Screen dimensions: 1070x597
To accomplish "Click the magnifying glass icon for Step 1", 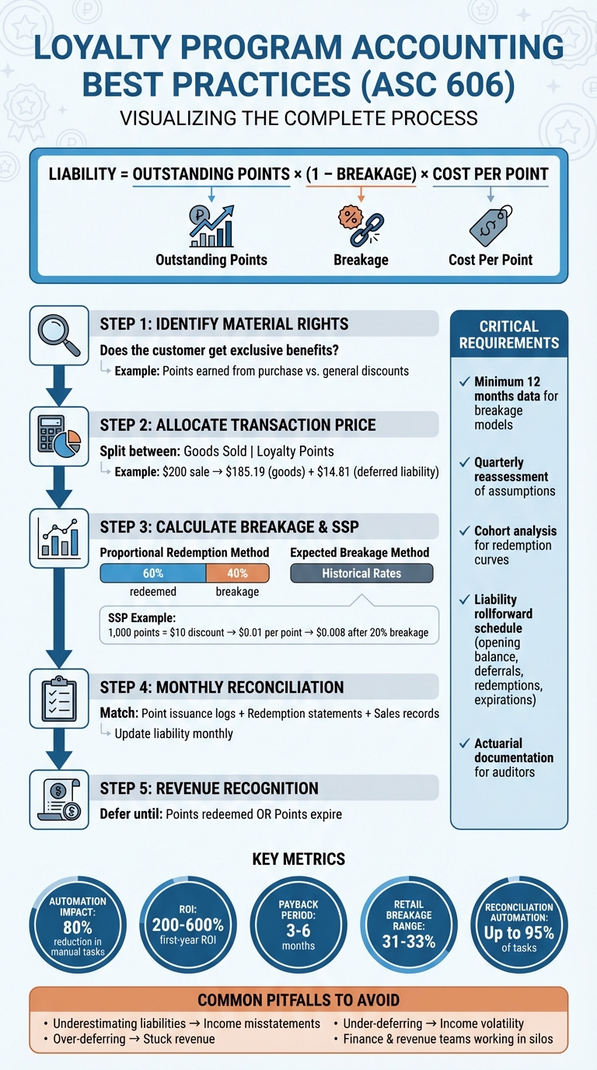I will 59,335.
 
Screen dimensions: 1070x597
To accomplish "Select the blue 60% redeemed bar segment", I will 153,573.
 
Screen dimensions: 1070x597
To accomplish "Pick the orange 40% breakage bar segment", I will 237,573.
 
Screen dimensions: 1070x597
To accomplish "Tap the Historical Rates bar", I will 361,573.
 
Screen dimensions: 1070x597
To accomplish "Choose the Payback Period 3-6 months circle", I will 298,926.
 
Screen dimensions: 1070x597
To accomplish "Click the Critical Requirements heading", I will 509,334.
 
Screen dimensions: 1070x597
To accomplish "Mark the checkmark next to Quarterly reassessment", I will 464,463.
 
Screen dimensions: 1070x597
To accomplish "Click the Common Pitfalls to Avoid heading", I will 298,1000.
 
